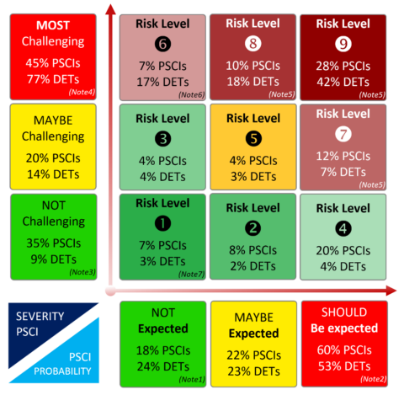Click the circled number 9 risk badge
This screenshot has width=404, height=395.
coord(343,43)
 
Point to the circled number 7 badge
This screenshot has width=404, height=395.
coord(343,133)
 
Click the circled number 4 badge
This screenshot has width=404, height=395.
coord(343,227)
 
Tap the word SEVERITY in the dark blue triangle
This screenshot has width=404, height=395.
coord(35,317)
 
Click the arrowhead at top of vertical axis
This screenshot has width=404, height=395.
coord(108,11)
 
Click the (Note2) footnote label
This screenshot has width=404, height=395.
coord(373,378)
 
